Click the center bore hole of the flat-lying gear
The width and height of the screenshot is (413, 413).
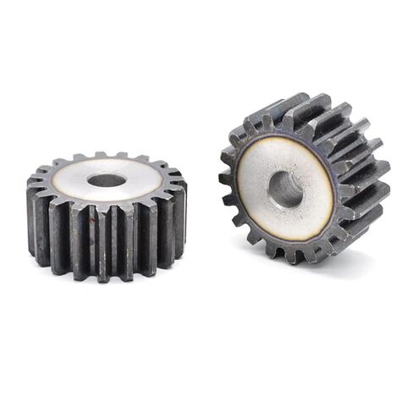[106, 180]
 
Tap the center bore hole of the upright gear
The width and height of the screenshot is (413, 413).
[285, 189]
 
